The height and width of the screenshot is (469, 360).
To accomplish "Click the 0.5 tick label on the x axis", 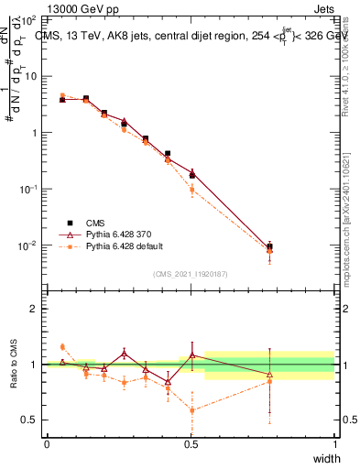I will [x=191, y=444].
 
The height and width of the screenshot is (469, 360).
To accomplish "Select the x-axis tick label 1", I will [x=334, y=444].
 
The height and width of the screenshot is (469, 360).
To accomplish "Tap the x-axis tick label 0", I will [x=47, y=444].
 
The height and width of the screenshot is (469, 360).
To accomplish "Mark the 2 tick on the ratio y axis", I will [x=33, y=309].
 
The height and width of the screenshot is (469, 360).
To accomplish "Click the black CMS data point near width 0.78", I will [x=269, y=246].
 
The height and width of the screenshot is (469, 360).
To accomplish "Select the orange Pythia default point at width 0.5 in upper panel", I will [x=191, y=190].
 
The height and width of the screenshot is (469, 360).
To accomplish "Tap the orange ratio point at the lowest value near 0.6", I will [x=191, y=409].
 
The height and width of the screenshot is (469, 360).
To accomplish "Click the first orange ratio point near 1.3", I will [x=62, y=346].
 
